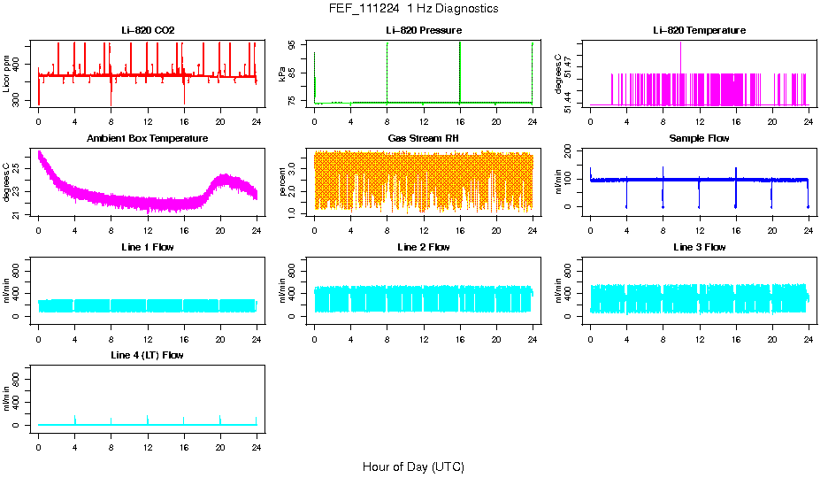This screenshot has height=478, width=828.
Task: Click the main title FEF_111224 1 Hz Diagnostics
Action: click(x=413, y=9)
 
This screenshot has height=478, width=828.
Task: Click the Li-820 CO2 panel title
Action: click(x=148, y=30)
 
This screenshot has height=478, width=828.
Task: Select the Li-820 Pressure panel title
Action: click(x=423, y=30)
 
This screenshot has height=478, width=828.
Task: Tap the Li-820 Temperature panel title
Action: click(x=699, y=30)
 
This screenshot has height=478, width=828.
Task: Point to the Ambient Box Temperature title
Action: click(x=148, y=139)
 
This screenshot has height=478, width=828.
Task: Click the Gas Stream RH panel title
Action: click(x=423, y=139)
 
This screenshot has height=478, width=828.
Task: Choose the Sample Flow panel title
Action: click(x=699, y=139)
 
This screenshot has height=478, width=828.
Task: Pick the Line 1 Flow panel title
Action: click(x=148, y=247)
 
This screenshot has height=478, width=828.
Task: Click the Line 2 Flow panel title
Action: click(x=423, y=247)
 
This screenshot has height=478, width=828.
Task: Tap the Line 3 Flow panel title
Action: click(x=699, y=247)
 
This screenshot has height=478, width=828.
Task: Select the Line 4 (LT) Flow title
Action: click(x=148, y=355)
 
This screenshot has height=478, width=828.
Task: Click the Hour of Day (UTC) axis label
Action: click(x=413, y=466)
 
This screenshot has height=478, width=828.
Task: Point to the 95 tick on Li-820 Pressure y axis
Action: click(x=294, y=44)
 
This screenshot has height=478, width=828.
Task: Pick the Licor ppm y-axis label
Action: click(x=7, y=74)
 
